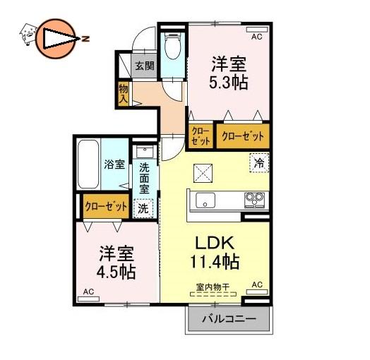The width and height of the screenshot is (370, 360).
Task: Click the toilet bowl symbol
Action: [x=173, y=46]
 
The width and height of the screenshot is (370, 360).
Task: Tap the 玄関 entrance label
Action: [x=145, y=66]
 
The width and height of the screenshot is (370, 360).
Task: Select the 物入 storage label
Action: [x=123, y=94]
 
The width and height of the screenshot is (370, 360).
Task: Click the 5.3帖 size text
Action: [x=228, y=83]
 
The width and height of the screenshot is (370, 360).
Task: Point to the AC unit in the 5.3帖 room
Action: [x=257, y=30]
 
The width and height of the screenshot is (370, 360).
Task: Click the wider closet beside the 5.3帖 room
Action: [x=243, y=136]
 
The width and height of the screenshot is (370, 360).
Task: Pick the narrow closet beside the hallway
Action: [x=201, y=136]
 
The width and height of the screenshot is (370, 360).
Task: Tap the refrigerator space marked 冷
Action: [x=259, y=163]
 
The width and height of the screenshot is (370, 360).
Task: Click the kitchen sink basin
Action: [x=205, y=200]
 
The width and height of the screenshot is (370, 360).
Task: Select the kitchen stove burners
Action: [x=254, y=200]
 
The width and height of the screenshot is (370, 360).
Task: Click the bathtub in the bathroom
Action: [x=88, y=164]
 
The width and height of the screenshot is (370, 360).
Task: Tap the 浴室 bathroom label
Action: [x=114, y=164]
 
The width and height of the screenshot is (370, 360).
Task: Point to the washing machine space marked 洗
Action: [x=143, y=208]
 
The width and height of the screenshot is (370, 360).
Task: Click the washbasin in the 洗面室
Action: [x=145, y=152]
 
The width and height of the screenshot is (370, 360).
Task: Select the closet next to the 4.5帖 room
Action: [x=106, y=206]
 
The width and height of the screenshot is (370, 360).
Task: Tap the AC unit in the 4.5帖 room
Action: [x=88, y=299]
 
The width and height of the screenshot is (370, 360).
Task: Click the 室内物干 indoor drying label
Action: [x=213, y=287]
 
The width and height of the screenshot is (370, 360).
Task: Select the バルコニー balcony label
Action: [x=229, y=319]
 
